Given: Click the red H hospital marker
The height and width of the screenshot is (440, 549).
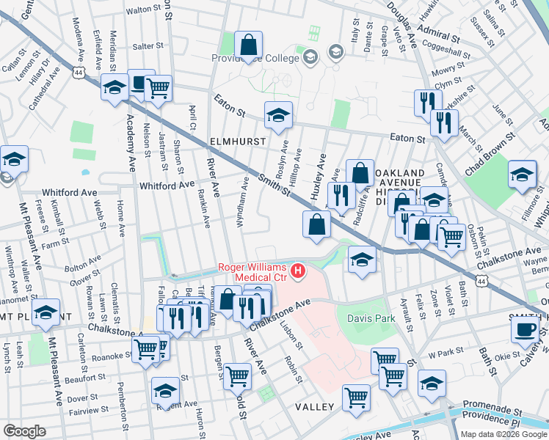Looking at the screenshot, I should coord(298,272).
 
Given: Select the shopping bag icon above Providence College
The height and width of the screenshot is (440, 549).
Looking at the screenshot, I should coord(249,45).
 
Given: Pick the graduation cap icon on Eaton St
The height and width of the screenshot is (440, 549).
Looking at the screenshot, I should coord(278,115).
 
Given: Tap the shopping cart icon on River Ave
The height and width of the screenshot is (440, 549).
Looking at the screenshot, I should coord(238,375).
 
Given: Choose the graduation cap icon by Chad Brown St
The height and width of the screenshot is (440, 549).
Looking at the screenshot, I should coord(522,175).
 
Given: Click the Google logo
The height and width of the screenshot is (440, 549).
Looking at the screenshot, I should coord(24,431).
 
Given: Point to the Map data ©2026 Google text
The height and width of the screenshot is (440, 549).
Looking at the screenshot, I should coord(503,434).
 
